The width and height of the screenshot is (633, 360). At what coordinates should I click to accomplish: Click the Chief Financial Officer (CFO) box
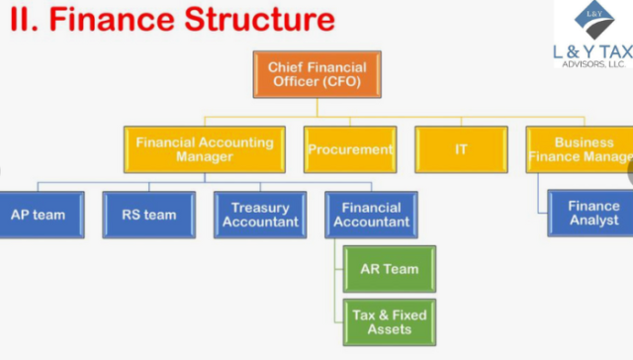316,74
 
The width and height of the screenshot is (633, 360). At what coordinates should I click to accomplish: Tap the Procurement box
350,149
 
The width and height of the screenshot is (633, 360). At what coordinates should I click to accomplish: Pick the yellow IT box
461,149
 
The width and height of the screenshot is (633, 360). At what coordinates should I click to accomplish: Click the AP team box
38,215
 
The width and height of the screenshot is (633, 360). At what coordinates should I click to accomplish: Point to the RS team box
148,215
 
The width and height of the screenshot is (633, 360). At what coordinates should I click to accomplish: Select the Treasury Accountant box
260,215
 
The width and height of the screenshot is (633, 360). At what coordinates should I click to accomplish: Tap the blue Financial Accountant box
371,215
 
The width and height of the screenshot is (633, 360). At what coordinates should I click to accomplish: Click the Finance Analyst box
593,214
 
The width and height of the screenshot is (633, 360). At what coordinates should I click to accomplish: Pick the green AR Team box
388,269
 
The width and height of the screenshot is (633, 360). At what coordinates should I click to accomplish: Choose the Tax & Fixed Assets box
388,322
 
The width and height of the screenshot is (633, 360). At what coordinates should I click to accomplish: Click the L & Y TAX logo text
591,51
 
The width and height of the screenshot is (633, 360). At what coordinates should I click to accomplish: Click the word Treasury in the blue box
260,208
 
